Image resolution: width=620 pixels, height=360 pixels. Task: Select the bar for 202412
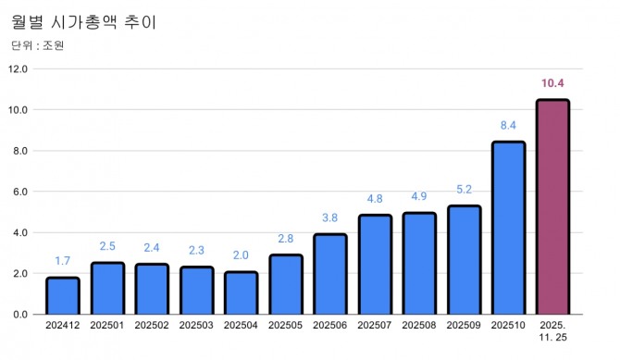[63, 296]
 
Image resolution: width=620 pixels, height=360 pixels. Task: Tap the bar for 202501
[107, 289]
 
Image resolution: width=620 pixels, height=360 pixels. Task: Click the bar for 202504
[242, 293]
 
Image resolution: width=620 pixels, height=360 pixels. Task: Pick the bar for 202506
[330, 274]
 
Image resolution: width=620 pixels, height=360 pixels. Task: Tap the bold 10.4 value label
[553, 84]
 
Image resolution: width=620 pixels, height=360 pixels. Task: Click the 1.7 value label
[63, 262]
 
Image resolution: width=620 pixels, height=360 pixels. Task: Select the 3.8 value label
[330, 218]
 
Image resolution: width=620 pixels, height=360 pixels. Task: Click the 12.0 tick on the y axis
[19, 68]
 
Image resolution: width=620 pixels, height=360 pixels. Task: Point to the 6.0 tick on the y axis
[21, 192]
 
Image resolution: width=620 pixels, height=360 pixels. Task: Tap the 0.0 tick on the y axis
[21, 315]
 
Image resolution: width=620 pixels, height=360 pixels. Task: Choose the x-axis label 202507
[375, 326]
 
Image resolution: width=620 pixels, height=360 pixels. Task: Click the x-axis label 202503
[196, 326]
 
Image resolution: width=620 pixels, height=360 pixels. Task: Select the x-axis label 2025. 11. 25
[553, 331]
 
